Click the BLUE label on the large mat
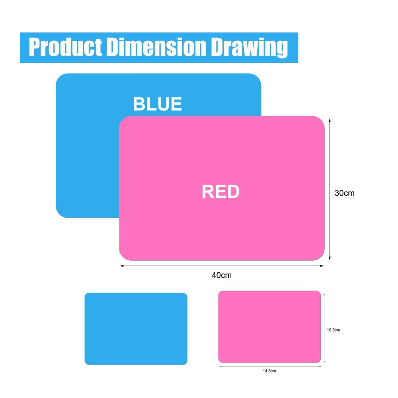pyautogui.click(x=157, y=104)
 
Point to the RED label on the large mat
pyautogui.click(x=220, y=192)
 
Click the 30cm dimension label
pyautogui.click(x=344, y=193)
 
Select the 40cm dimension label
pyautogui.click(x=222, y=275)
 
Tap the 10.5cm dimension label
pyautogui.click(x=333, y=330)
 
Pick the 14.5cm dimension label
pyautogui.click(x=269, y=371)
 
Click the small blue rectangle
pyautogui.click(x=136, y=329)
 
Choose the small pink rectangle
pyautogui.click(x=269, y=327)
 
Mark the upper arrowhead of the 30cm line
pyautogui.click(x=330, y=121)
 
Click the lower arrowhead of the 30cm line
pyautogui.click(x=330, y=258)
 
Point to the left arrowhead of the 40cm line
pyautogui.click(x=122, y=266)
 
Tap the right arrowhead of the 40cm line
pyautogui.click(x=322, y=266)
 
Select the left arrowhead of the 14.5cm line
pyautogui.click(x=221, y=366)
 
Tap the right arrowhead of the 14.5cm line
pyautogui.click(x=320, y=366)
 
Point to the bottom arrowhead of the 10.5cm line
pyautogui.click(x=324, y=361)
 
